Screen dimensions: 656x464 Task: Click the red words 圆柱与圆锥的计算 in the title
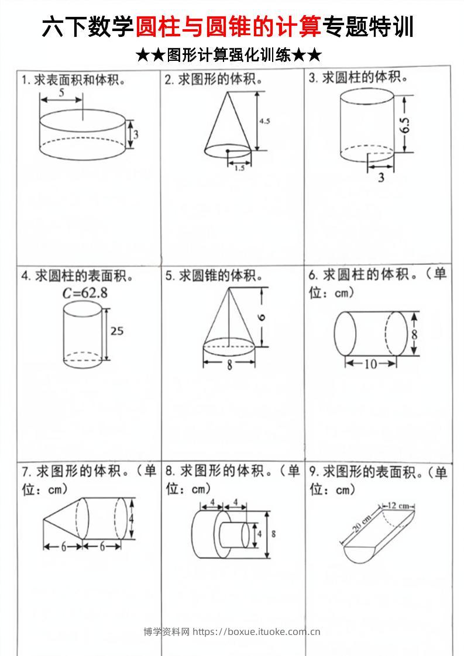(x=229, y=27)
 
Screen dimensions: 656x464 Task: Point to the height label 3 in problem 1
(x=135, y=134)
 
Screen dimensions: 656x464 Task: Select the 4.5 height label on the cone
(x=264, y=121)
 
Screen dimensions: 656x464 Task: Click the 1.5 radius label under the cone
(x=239, y=168)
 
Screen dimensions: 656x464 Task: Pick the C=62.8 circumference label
(x=86, y=294)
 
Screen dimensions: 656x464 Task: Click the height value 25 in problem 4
(x=117, y=331)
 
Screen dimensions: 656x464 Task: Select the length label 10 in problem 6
(x=370, y=364)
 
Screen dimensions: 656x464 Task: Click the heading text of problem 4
(x=77, y=275)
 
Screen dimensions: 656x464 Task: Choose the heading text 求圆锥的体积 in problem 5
(x=220, y=275)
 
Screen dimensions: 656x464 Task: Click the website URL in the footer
(x=256, y=631)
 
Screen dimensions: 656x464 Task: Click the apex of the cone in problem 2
(x=226, y=92)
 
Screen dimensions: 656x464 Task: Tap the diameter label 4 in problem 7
(x=132, y=518)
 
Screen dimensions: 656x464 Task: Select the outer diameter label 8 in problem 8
(x=274, y=533)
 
